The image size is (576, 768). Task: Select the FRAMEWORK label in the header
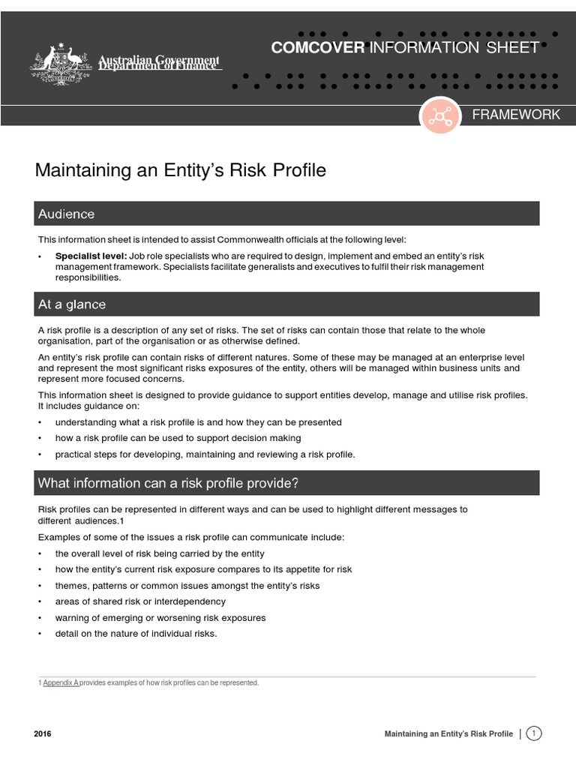pos(515,115)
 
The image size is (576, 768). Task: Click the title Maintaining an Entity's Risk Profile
pos(181,170)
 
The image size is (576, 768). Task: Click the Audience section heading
pos(67,214)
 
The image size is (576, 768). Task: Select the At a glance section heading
pos(72,304)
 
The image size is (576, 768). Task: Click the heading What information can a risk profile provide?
pos(169,484)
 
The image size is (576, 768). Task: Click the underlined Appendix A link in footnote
pos(61,682)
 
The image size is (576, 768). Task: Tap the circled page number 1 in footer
pos(534,733)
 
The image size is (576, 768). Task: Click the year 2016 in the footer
pos(43,734)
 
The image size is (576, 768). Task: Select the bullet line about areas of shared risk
pos(140,601)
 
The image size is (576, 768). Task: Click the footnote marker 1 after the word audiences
pos(121,520)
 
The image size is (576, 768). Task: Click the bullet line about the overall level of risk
pos(160,553)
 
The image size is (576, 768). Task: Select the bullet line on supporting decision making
pos(178,438)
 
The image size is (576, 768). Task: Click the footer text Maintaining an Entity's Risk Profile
pos(448,734)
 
